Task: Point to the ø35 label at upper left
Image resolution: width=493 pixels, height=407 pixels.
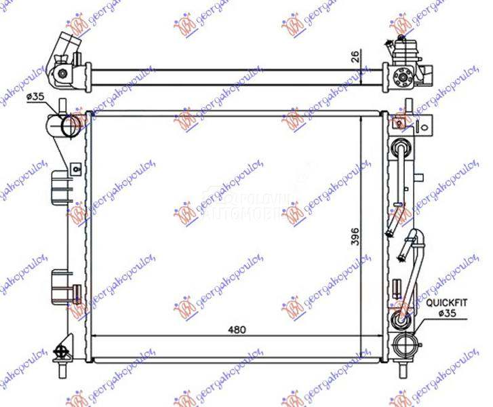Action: (35, 97)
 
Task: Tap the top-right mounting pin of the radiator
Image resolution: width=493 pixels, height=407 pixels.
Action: (408, 106)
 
